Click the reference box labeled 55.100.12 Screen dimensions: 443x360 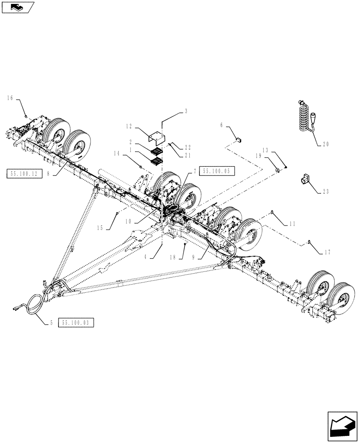point(25,174)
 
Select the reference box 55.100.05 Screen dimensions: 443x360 point(217,171)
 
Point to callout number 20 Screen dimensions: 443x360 point(327,144)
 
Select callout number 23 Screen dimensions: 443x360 point(327,191)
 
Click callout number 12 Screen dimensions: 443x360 point(129,126)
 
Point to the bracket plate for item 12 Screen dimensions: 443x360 point(156,138)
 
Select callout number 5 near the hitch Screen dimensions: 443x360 point(51,323)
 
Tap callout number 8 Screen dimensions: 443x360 point(48,174)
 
